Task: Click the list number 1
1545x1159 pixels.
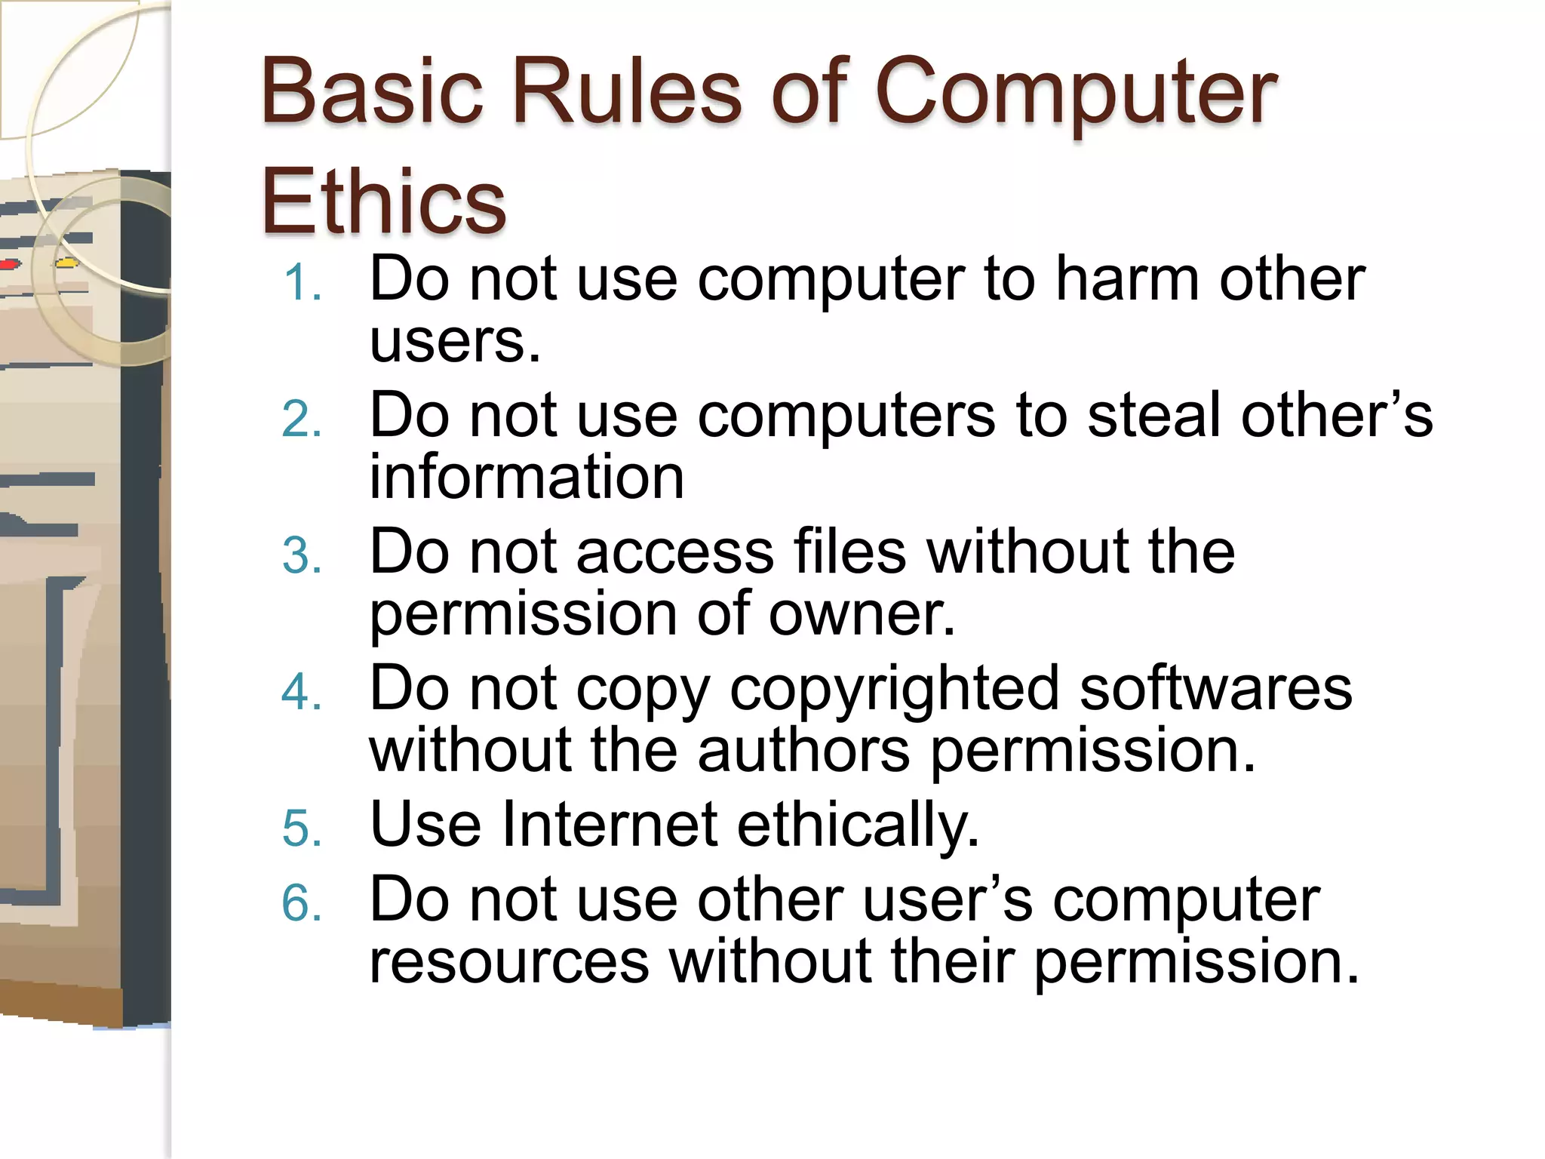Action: click(x=303, y=284)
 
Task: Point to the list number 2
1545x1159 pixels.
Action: click(x=303, y=420)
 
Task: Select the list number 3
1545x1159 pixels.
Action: click(x=303, y=556)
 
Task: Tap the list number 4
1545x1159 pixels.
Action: click(x=303, y=692)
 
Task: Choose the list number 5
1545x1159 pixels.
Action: click(x=303, y=829)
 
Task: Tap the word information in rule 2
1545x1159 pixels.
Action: click(x=527, y=477)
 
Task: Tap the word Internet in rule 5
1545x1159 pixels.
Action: click(x=609, y=824)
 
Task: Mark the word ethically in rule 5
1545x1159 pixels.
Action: click(x=858, y=824)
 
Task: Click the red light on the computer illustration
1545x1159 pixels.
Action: click(x=9, y=264)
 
